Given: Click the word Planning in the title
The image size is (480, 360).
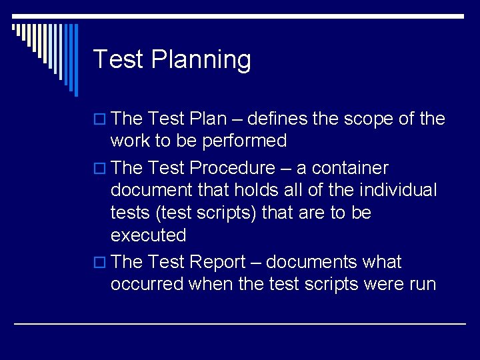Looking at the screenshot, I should (201, 60).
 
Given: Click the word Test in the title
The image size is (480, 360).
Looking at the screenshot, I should (118, 59).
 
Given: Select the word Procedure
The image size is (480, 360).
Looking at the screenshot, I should (232, 168).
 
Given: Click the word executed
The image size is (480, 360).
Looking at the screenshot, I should (148, 235).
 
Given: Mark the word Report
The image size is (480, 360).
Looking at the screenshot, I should (217, 262).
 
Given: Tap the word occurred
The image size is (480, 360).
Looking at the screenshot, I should (147, 284).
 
